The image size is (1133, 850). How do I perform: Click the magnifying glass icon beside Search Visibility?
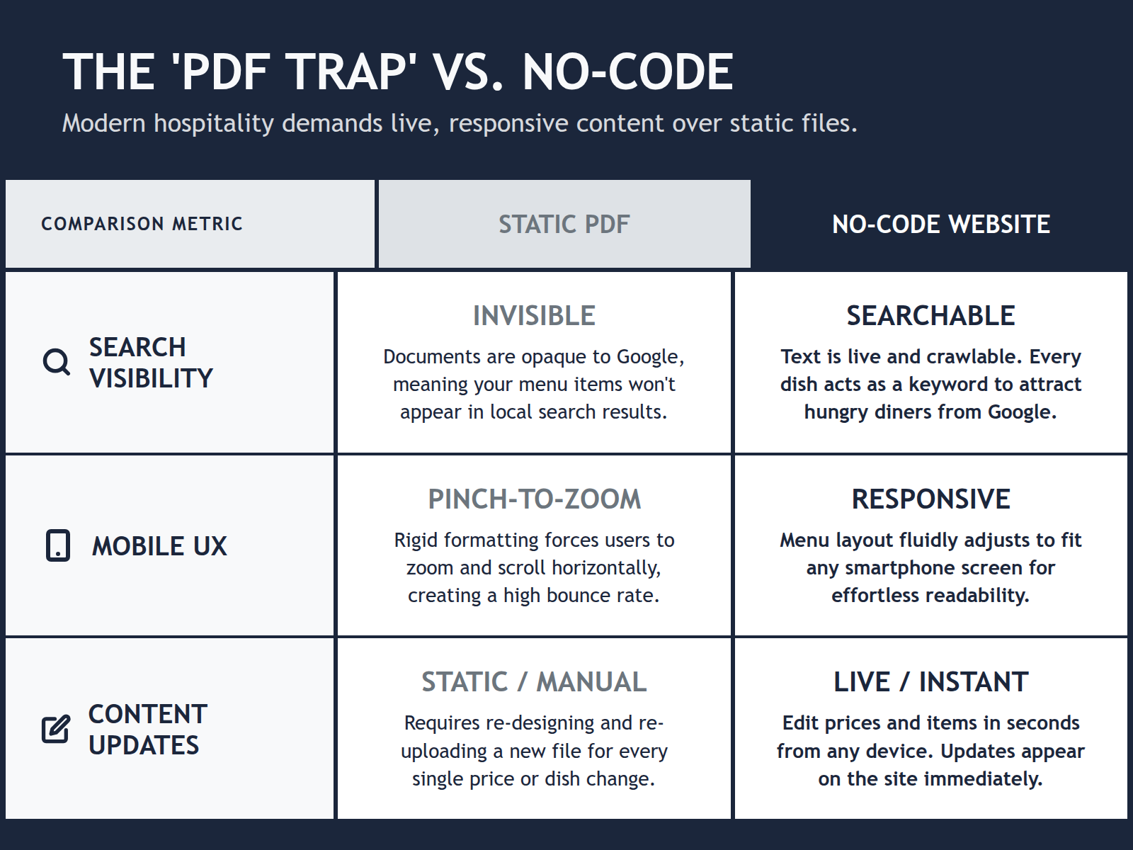[56, 362]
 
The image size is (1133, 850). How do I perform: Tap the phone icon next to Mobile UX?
[58, 545]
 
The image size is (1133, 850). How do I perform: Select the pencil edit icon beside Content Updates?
[56, 729]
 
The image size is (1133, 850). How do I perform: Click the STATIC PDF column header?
[564, 225]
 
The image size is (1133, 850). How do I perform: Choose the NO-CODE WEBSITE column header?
[940, 225]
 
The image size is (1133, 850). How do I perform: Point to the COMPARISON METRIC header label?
[142, 224]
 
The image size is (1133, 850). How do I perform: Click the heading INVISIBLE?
[534, 316]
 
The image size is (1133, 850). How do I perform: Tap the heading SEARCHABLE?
[930, 316]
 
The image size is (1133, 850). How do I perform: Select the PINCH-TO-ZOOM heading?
[534, 499]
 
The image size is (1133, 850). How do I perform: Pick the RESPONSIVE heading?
[930, 499]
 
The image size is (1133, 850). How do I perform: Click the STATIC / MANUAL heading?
[534, 682]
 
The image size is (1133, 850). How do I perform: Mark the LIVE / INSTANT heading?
[930, 682]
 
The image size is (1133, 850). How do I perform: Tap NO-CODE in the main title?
[627, 72]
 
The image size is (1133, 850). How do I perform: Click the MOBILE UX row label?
[159, 546]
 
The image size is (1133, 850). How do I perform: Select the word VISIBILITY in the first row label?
[151, 378]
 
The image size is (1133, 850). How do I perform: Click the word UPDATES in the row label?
[144, 745]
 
